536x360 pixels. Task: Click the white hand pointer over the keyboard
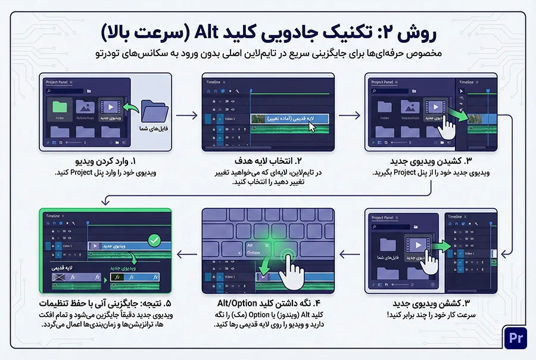coord(291,263)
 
